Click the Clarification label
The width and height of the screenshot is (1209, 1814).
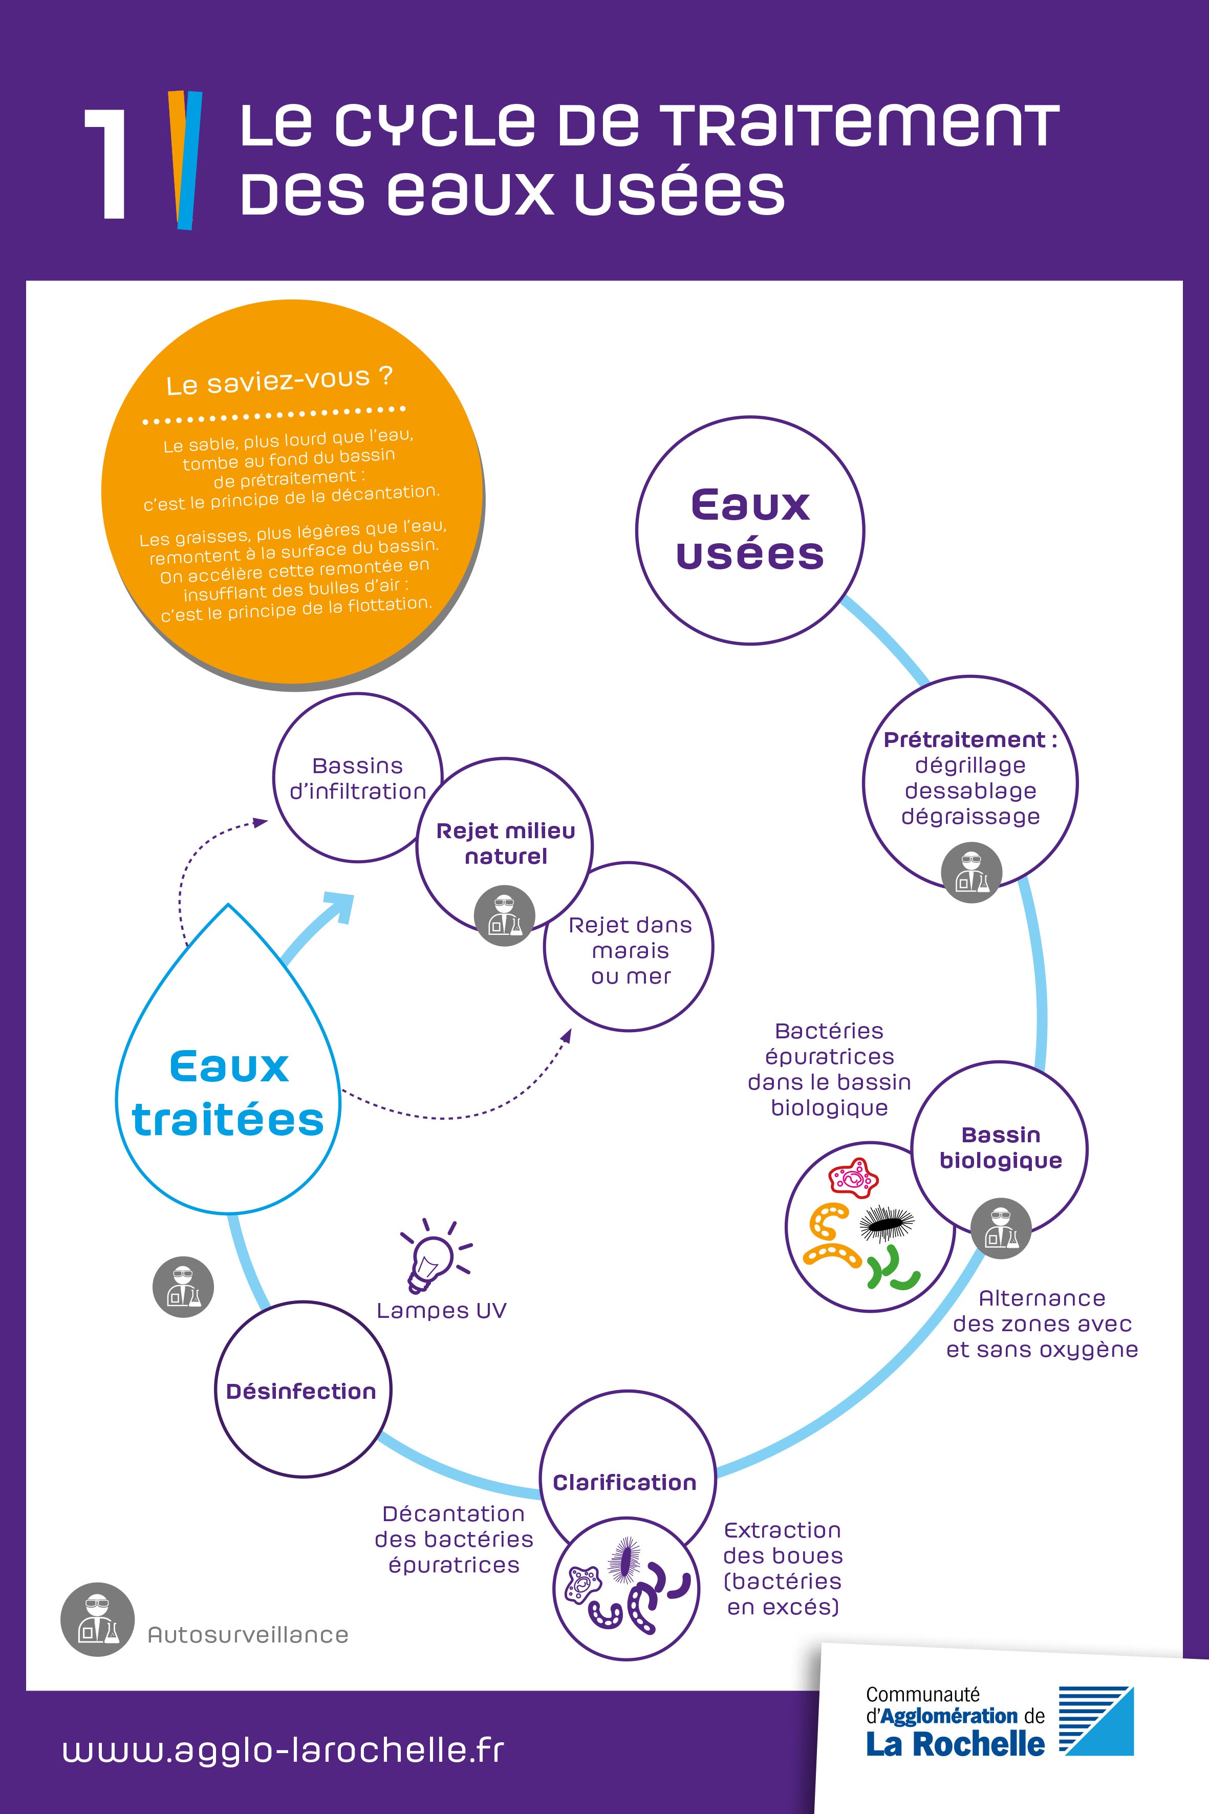624,1482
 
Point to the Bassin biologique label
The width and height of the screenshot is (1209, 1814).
1001,1147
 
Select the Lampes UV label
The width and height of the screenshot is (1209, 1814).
441,1310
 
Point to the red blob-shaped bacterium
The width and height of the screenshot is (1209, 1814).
853,1177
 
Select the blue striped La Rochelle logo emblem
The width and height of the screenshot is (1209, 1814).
1096,1721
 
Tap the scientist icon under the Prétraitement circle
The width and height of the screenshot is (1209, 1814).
971,872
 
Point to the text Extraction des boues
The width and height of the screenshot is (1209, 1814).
783,1543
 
